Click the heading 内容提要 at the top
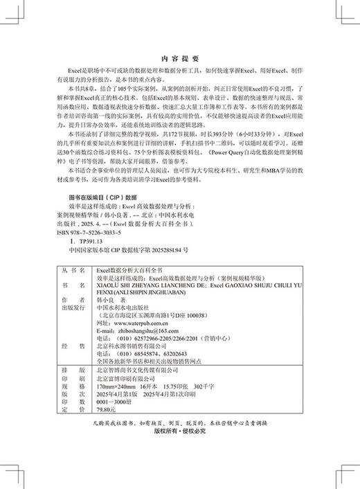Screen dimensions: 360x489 tap(179, 59)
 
